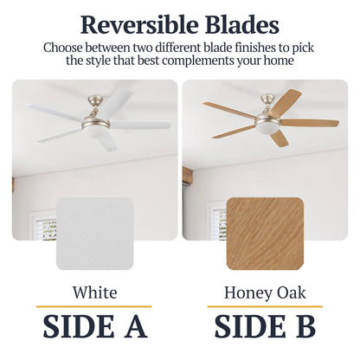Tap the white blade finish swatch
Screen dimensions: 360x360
(x=94, y=234)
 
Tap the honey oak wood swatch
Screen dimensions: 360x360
(x=265, y=234)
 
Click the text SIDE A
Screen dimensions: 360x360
(x=94, y=326)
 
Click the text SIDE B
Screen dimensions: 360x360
(x=265, y=326)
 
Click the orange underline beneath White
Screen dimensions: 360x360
(x=94, y=306)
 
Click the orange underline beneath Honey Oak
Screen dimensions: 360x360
(x=265, y=306)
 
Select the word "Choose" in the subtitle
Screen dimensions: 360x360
(x=64, y=47)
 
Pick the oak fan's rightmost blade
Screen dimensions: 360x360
(x=309, y=123)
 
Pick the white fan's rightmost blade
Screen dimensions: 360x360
(x=143, y=125)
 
